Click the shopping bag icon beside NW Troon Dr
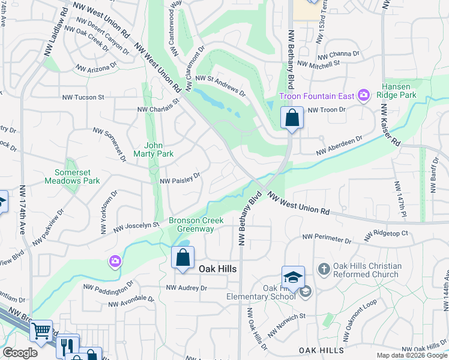click(x=292, y=118)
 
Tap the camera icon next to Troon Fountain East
click(x=363, y=95)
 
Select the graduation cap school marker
click(x=293, y=277)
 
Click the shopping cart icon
click(x=41, y=330)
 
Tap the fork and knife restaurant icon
click(x=68, y=346)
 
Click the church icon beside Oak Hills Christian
click(x=324, y=268)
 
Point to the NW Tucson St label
click(x=83, y=97)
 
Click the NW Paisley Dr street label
click(x=179, y=178)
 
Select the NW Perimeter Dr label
click(x=327, y=239)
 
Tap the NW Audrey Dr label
click(x=187, y=288)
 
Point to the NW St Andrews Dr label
click(x=220, y=86)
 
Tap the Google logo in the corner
click(x=20, y=353)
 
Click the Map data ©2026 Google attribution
click(x=411, y=355)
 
